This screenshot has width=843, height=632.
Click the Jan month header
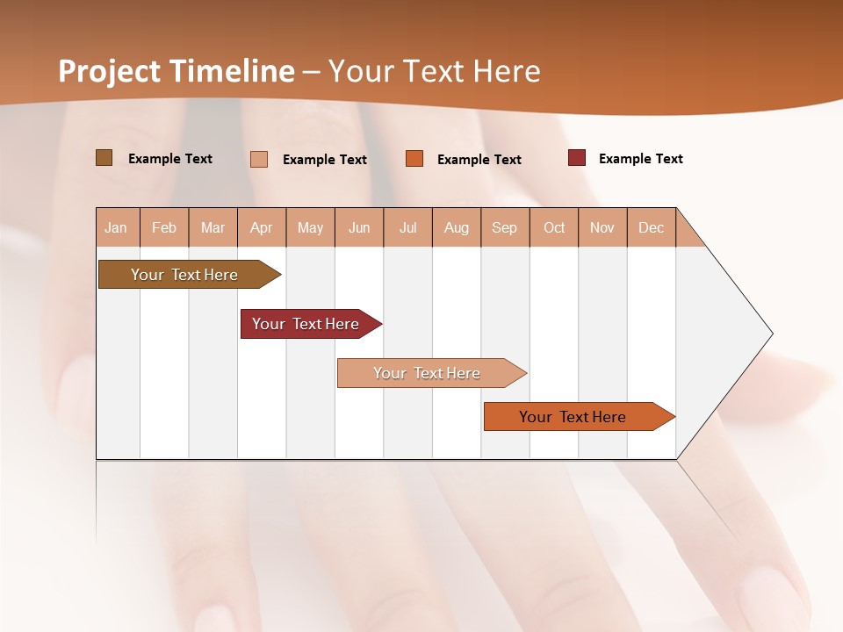coord(117,227)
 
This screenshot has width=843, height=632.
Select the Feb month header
coord(164,227)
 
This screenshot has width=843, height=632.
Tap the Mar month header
coord(213,227)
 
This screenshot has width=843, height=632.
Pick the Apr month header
coord(262,227)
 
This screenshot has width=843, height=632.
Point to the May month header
coord(310,227)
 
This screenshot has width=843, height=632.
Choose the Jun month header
coord(359,227)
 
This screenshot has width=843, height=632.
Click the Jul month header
coord(407,227)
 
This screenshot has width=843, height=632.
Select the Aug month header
coord(457,227)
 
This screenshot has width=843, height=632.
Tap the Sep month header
coord(505,227)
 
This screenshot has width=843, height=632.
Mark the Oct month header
coord(554,227)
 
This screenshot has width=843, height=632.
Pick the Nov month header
coord(602,227)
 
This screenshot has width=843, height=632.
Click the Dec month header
coord(652,227)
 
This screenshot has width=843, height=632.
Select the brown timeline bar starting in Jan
coord(185,275)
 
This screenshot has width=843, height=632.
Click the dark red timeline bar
coord(306,324)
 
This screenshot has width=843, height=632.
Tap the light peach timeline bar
coord(428,373)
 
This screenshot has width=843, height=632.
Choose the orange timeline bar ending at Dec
coord(573,417)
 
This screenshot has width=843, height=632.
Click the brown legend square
coord(104,158)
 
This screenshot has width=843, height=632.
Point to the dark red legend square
coord(577,158)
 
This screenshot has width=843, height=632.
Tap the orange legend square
coord(414,159)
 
